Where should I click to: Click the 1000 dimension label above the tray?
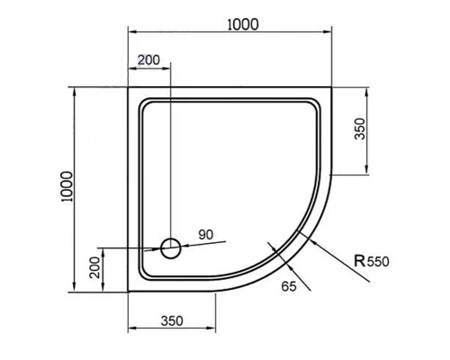242,24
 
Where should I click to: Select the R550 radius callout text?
371,261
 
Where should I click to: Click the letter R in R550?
360,261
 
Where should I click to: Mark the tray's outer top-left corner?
129,87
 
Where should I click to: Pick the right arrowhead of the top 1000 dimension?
328,33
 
